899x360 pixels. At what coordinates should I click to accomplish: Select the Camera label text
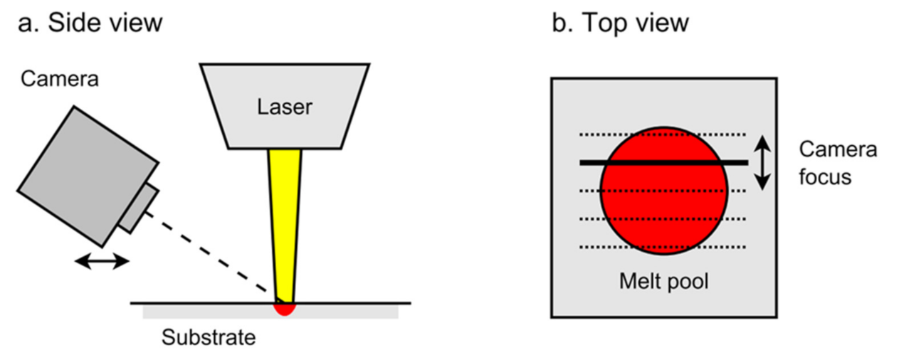pos(59,79)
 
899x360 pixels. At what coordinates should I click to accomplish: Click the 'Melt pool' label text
pos(663,281)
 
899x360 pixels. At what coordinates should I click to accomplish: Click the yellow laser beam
pos(285,213)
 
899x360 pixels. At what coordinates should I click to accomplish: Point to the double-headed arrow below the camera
pos(102,262)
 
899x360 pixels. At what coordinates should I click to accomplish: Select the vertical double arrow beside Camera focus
pos(762,163)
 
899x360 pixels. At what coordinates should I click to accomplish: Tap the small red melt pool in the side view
pos(285,309)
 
